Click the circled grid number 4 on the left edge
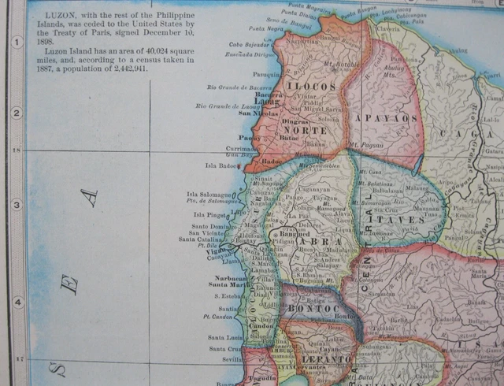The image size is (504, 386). (x=15, y=302)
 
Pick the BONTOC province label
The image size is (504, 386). (x=313, y=310)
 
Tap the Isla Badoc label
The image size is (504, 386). (x=220, y=165)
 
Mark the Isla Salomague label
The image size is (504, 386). (x=209, y=195)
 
